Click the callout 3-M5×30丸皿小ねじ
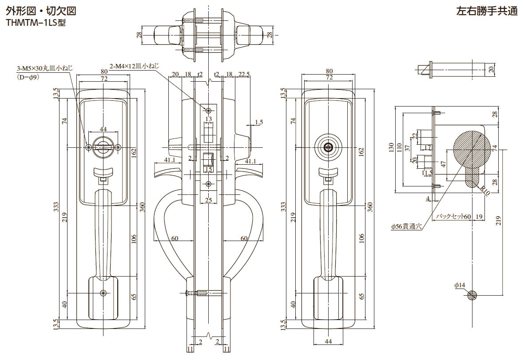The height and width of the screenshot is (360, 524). pyautogui.click(x=44, y=68)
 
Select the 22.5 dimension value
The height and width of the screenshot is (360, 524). pyautogui.click(x=243, y=74)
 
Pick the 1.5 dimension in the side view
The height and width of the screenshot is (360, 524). pyautogui.click(x=259, y=122)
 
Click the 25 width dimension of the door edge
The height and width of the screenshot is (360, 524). pyautogui.click(x=208, y=200)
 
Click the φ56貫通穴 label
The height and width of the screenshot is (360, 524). pyautogui.click(x=405, y=226)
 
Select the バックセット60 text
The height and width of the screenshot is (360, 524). pyautogui.click(x=453, y=216)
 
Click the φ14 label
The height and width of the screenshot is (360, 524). pyautogui.click(x=459, y=285)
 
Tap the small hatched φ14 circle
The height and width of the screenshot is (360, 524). pyautogui.click(x=472, y=295)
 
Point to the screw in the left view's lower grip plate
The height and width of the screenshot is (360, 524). pyautogui.click(x=103, y=293)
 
